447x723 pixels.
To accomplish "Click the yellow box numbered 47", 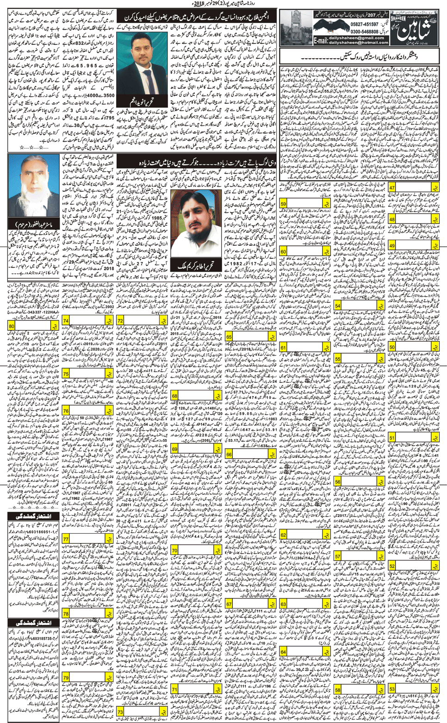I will click(x=392, y=187).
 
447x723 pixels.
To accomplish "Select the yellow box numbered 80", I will click(x=12, y=326).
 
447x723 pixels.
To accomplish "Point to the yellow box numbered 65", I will click(x=229, y=337).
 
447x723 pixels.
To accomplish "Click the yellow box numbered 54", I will click(x=338, y=306).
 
